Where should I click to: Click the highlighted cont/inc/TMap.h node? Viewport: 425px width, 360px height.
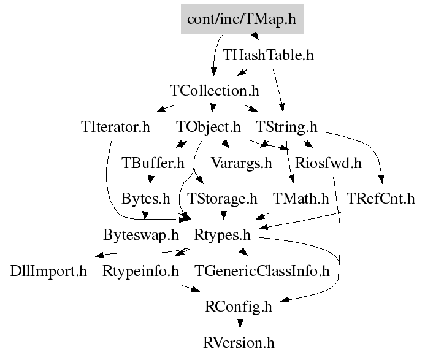(242, 19)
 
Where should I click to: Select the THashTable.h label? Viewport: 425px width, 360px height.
(268, 55)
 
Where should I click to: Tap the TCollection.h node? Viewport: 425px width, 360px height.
(214, 91)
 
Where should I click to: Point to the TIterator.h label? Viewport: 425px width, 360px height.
(115, 128)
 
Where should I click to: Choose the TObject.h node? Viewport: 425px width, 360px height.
(209, 128)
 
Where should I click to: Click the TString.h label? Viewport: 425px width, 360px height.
(286, 128)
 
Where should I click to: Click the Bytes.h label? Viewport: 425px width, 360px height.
(146, 199)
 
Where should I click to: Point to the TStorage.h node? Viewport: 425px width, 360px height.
(222, 199)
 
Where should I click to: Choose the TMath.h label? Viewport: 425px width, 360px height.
(301, 199)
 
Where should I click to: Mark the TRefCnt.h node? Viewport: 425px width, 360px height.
(381, 199)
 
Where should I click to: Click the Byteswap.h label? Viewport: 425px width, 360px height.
(141, 235)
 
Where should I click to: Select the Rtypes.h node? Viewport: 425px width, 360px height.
(222, 235)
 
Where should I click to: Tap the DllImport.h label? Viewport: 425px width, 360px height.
(48, 270)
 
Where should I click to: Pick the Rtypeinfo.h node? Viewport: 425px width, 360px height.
(140, 270)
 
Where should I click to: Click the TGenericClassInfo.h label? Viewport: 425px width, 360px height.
(262, 270)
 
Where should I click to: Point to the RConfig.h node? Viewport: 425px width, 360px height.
(239, 306)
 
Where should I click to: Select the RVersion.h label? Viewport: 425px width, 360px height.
(239, 342)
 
